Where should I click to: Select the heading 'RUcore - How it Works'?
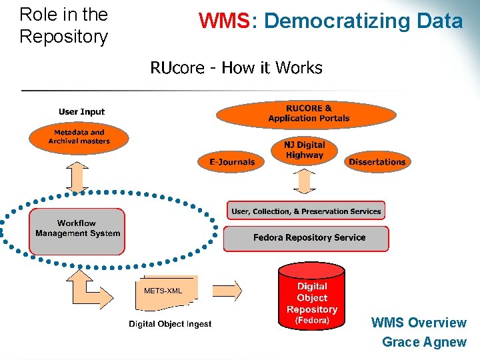pyautogui.click(x=236, y=68)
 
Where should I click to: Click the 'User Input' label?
pyautogui.click(x=81, y=112)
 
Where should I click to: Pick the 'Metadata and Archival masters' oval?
pyautogui.click(x=79, y=137)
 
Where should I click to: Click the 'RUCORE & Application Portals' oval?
pyautogui.click(x=309, y=113)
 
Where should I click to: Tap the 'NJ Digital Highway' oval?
pyautogui.click(x=305, y=150)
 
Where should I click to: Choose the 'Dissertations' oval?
pyautogui.click(x=377, y=161)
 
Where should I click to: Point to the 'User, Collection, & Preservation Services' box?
pyautogui.click(x=306, y=211)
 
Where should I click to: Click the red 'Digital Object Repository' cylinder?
pyautogui.click(x=311, y=297)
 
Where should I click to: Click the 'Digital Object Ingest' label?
pyautogui.click(x=170, y=324)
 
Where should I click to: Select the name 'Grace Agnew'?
pyautogui.click(x=424, y=342)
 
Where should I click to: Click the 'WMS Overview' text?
pyautogui.click(x=419, y=323)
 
